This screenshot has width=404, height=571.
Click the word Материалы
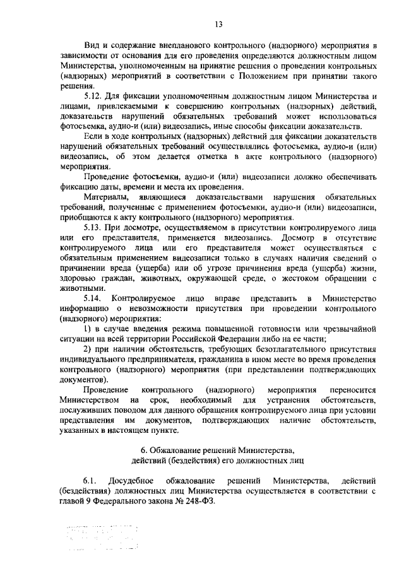point(104,196)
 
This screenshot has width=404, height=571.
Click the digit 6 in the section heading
point(143,449)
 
